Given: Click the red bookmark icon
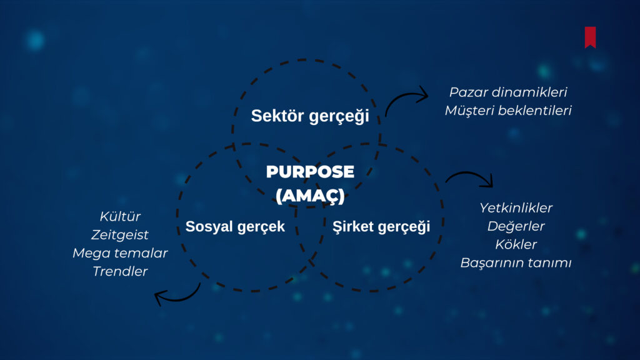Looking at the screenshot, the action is pos(590,37).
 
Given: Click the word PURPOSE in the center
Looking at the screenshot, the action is pos(310,172).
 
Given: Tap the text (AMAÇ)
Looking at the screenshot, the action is pos(310,196).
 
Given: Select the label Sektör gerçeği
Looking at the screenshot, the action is pos(310,116).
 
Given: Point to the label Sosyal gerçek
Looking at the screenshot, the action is pos(235,226).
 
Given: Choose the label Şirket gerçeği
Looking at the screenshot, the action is pos(381,226).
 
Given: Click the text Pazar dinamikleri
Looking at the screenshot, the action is pos(508,92).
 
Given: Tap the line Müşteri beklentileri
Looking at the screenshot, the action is pos(508,111).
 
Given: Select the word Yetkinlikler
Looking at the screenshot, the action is pos(516,208).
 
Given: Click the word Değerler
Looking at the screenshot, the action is pos(516,226).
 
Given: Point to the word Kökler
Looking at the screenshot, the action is pos(516,244).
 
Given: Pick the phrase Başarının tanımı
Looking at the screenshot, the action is pos(516,263).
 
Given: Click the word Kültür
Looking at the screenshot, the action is pos(120,216).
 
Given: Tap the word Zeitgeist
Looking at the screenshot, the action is pos(120,235).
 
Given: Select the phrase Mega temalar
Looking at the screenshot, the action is pos(120,253).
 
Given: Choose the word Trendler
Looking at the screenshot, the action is pos(120,271).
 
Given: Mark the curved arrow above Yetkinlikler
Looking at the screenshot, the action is pos(470,173).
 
